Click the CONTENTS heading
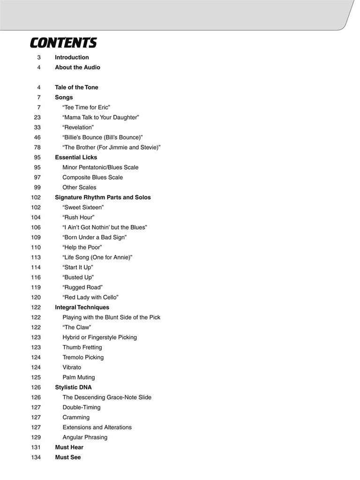point(63,43)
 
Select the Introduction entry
point(72,57)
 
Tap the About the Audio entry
point(77,67)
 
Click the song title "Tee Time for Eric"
point(86,107)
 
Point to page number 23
point(37,117)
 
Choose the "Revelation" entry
point(78,127)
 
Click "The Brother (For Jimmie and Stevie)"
point(112,147)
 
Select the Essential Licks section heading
point(76,157)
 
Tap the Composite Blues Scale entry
point(93,177)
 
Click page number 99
point(37,187)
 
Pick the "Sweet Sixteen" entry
point(83,207)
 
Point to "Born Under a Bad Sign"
point(95,237)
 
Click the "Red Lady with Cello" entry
point(90,297)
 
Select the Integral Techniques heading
point(82,307)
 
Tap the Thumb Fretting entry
point(82,347)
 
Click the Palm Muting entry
point(79,377)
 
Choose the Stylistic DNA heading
point(73,387)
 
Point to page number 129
point(36,437)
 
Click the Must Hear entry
point(69,447)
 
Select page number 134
point(36,457)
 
